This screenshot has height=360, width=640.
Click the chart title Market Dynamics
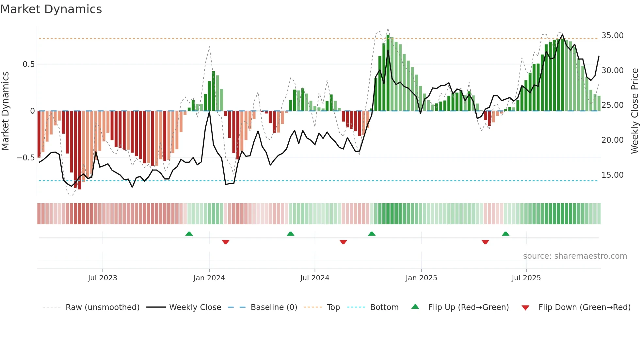tap(51, 9)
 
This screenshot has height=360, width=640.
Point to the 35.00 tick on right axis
tap(612, 35)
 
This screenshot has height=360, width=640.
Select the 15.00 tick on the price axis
tap(612, 175)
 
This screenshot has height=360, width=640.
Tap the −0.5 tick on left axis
tap(25, 158)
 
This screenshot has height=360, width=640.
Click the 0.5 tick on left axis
tap(28, 64)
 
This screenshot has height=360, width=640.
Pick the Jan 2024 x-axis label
tap(209, 278)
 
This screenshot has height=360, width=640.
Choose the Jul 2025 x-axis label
tap(526, 278)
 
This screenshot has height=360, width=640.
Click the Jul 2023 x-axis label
tap(103, 278)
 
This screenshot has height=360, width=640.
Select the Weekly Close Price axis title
tap(634, 111)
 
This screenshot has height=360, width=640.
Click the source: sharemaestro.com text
tap(575, 256)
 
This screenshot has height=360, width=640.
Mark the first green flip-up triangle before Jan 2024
tap(189, 234)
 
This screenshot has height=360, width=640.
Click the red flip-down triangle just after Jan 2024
tap(226, 242)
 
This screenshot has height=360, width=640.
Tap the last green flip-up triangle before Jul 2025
tap(505, 234)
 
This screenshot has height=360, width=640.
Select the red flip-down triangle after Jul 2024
tap(343, 242)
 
